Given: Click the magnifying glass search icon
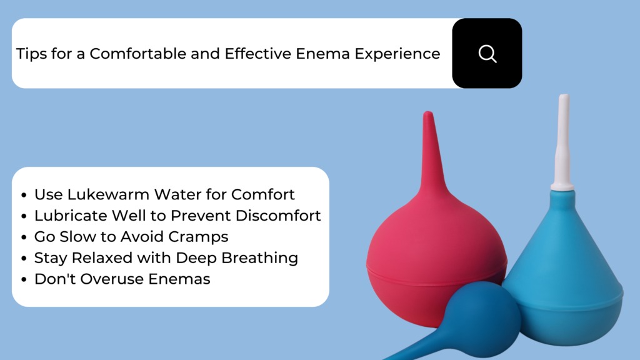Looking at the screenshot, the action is tap(487, 54).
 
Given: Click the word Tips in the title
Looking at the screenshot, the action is tap(31, 54).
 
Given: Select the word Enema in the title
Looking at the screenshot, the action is tap(322, 54).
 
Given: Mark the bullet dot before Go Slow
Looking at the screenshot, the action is tap(24, 237).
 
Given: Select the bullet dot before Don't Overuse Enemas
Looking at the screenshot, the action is tap(24, 279).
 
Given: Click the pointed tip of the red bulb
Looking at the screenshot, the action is tap(427, 112).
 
